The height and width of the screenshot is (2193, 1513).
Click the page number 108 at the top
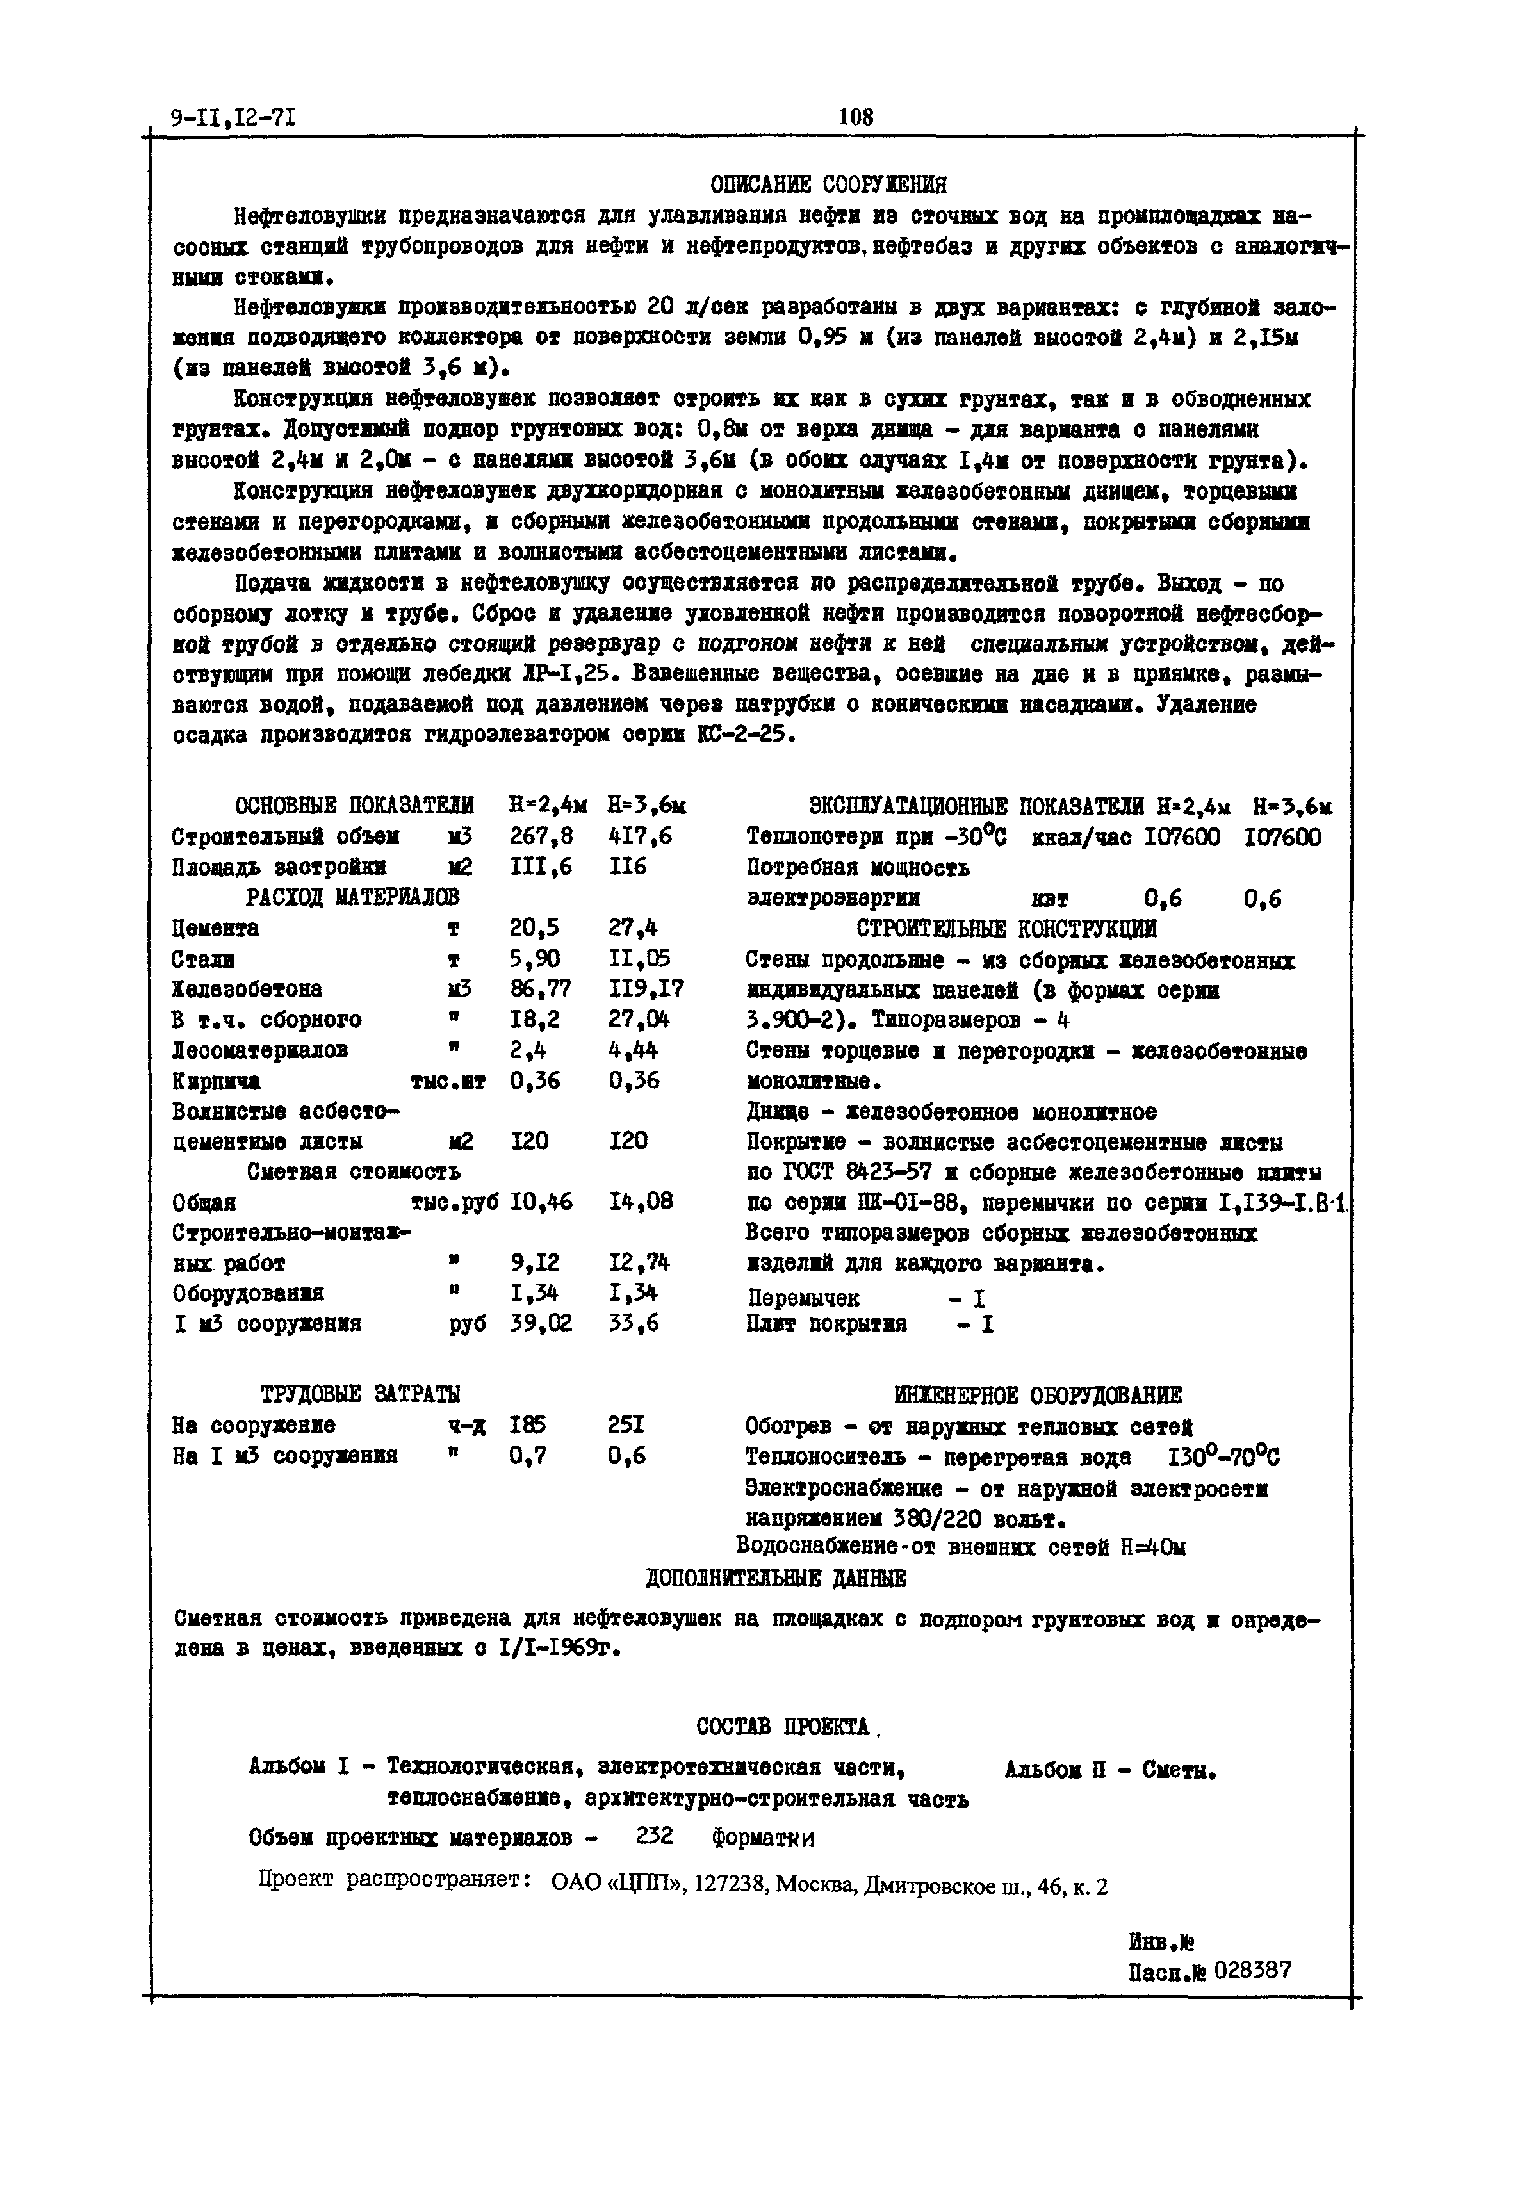tap(855, 117)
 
